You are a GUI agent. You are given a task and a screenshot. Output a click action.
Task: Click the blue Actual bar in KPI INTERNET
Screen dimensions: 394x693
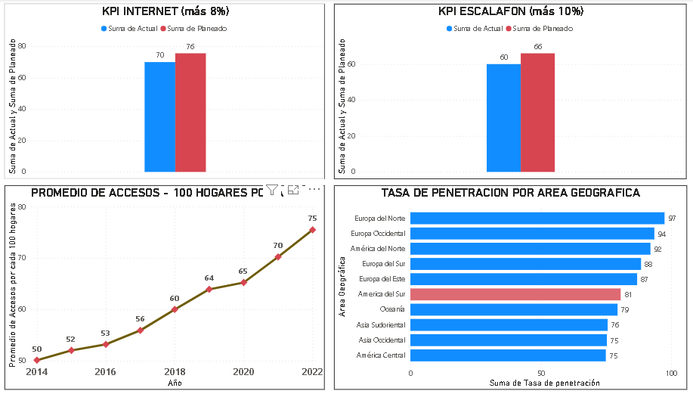coord(159,117)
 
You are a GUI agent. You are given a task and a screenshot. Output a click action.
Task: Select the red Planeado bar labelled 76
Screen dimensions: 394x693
coord(190,113)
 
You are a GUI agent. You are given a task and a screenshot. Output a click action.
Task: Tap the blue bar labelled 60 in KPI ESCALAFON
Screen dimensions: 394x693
coord(503,118)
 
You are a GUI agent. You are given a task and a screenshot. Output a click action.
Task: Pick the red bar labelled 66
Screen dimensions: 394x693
coord(537,113)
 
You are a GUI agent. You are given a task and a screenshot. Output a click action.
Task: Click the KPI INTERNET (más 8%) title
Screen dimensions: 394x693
coord(166,11)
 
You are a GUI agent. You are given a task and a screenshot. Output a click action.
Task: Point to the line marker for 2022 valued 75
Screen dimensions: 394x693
coord(312,230)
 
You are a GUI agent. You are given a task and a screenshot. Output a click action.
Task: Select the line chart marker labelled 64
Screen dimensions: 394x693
coord(209,289)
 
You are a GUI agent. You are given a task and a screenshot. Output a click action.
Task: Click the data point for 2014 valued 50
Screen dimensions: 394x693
coord(37,360)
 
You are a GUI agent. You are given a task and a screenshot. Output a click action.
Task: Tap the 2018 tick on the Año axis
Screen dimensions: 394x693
coord(175,372)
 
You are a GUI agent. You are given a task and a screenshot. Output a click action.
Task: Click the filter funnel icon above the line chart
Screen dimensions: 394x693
coord(272,190)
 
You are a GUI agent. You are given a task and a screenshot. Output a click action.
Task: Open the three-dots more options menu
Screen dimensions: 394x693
coord(314,190)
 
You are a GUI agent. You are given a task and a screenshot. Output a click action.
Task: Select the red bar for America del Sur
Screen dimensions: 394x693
coord(515,294)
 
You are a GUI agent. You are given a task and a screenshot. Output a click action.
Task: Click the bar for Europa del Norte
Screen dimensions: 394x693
coord(537,218)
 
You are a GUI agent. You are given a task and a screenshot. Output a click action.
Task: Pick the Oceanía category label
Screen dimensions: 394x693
coord(392,309)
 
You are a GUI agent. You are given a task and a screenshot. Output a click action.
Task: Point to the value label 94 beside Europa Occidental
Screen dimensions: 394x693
coord(662,234)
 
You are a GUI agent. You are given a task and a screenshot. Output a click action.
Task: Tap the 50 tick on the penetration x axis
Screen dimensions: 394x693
coord(541,374)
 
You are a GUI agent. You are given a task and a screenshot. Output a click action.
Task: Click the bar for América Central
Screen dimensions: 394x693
coord(508,355)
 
